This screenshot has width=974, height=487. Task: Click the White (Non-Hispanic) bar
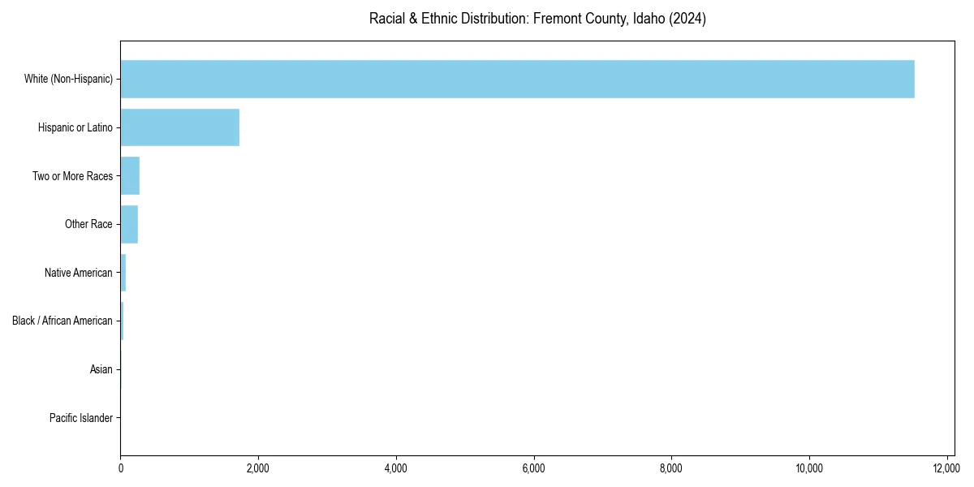pos(517,79)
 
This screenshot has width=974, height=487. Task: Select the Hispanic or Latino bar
pos(179,127)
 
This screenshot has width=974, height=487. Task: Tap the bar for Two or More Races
pos(130,176)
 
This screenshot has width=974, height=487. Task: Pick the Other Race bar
pos(129,224)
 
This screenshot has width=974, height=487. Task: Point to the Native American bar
pos(123,273)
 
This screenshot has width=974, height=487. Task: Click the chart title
pos(537,19)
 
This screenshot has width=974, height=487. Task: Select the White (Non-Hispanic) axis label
pos(68,79)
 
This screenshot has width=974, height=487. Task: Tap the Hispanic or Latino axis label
pos(75,127)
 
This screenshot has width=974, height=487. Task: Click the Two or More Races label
pos(72,176)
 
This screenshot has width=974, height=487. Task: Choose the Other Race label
pos(88,224)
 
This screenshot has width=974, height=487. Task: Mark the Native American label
pos(78,273)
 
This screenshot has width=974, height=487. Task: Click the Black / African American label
pos(62,321)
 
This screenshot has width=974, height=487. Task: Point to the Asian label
pos(101,369)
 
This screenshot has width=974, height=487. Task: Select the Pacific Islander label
pos(80,418)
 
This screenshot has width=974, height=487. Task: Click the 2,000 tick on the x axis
pos(258,468)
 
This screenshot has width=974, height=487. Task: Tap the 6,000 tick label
pos(534,468)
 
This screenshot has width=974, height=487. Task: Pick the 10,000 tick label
pos(809,468)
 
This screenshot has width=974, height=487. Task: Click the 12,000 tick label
pos(947,468)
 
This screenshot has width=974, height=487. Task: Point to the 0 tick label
pos(120,468)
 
